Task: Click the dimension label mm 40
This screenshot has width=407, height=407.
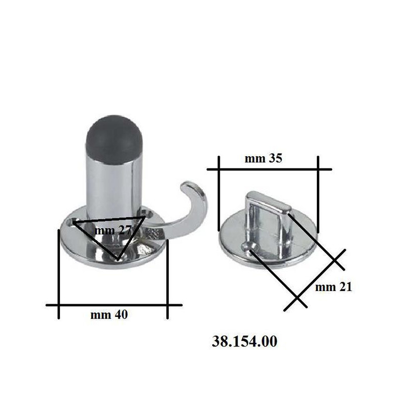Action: pos(109,315)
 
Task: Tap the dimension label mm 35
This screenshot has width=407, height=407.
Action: pos(263,158)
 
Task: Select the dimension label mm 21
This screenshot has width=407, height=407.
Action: pos(334,287)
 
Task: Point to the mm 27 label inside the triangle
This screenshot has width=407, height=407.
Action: pos(113,230)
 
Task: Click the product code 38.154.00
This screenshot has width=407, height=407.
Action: pos(245,341)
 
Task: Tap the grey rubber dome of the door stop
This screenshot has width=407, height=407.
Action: pos(114,139)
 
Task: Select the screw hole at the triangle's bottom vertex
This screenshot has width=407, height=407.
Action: pos(120,257)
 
